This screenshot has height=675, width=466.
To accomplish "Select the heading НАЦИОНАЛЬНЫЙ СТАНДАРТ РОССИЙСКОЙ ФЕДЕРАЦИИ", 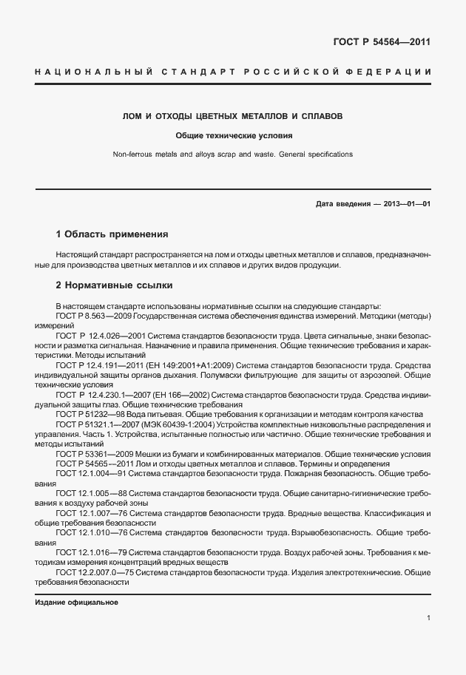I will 232,72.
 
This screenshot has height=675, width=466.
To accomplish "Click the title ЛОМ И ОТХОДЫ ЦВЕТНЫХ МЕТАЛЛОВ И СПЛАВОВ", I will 232,117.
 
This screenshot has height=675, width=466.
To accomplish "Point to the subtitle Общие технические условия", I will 233,136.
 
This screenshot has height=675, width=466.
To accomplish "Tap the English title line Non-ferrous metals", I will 232,155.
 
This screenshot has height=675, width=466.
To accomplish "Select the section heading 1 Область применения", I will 112,234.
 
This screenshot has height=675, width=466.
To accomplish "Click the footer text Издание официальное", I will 76,603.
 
